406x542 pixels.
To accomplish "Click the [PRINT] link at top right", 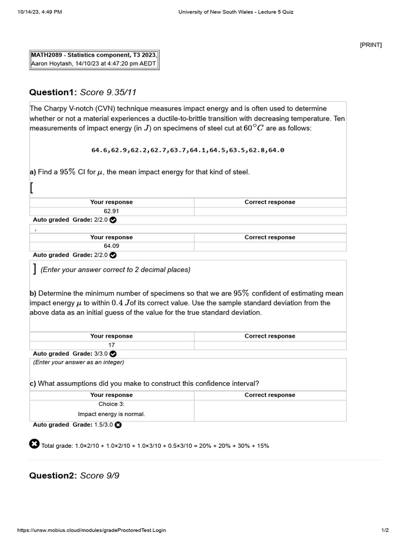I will tap(371, 45).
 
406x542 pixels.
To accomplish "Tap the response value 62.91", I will tap(112, 211).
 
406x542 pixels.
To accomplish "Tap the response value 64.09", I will tap(112, 246).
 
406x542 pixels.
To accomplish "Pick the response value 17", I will tap(112, 345).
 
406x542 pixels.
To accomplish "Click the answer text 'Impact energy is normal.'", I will tap(112, 414).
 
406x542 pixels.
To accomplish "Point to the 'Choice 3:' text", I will tap(112, 404).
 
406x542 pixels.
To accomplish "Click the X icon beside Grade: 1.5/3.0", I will tap(118, 424).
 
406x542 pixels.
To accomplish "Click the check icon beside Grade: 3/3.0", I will tap(113, 354).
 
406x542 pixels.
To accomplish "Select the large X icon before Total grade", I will tap(34, 444).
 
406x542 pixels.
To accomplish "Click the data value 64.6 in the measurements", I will tap(99, 150).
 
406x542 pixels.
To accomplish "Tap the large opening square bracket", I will tap(32, 187).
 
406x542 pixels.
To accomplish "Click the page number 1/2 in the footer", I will tap(385, 530).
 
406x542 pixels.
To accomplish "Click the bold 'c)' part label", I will tap(33, 383).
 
